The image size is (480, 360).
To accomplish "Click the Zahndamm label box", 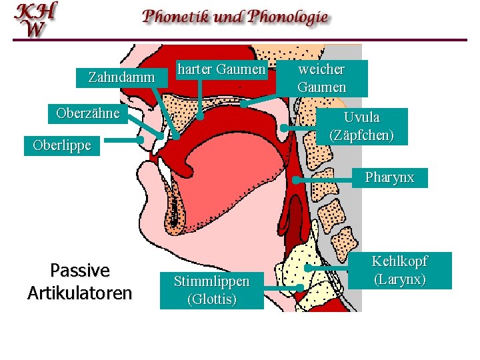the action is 121,78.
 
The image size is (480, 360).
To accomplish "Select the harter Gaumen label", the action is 221,69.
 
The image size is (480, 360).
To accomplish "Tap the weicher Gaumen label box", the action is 322,78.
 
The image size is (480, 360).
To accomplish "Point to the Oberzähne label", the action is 88,113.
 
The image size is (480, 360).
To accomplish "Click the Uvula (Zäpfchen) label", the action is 361,126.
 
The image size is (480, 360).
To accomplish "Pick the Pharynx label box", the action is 389,177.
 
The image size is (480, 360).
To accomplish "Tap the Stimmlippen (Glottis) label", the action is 211,290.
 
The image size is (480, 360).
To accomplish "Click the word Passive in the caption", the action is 79,270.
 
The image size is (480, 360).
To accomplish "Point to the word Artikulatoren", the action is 79,293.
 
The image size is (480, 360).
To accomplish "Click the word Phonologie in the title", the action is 288,17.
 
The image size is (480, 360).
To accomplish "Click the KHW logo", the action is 37,19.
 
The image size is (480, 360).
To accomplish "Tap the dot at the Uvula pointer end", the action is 284,127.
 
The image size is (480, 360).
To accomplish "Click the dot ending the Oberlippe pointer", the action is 141,141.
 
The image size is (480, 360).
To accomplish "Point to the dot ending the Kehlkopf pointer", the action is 307,268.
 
